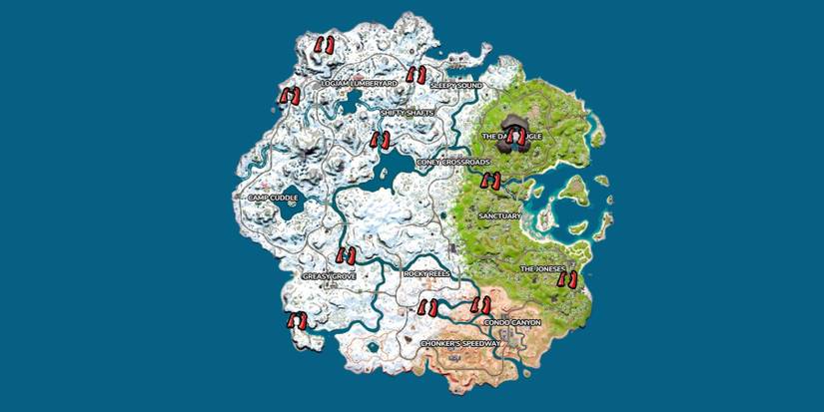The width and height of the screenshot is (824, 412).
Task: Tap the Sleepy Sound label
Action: pos(456,86)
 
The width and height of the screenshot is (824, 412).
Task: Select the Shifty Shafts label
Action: pos(407,113)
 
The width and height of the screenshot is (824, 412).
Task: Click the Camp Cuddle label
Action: pos(273,198)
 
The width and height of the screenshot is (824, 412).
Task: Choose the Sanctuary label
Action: pos(499,214)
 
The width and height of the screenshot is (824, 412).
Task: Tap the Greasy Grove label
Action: pos(329,275)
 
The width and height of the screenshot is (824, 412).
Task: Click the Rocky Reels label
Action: pos(426,272)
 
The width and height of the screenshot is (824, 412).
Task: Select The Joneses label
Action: pos(543,269)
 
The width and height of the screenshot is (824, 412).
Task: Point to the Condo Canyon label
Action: pos(511,323)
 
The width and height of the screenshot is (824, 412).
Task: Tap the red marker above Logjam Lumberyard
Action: pos(324,45)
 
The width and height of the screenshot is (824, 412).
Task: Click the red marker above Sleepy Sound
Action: pos(415,74)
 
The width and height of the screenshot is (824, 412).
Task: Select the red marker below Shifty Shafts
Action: pos(380,139)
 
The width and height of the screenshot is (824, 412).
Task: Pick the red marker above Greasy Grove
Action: pos(347,255)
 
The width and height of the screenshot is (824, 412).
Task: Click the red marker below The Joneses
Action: pos(567,280)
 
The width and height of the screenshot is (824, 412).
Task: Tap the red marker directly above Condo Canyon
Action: pos(481,305)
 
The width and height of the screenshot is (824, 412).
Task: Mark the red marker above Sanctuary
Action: pos(490,181)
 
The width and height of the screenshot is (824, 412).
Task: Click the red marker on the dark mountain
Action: pos(516,137)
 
